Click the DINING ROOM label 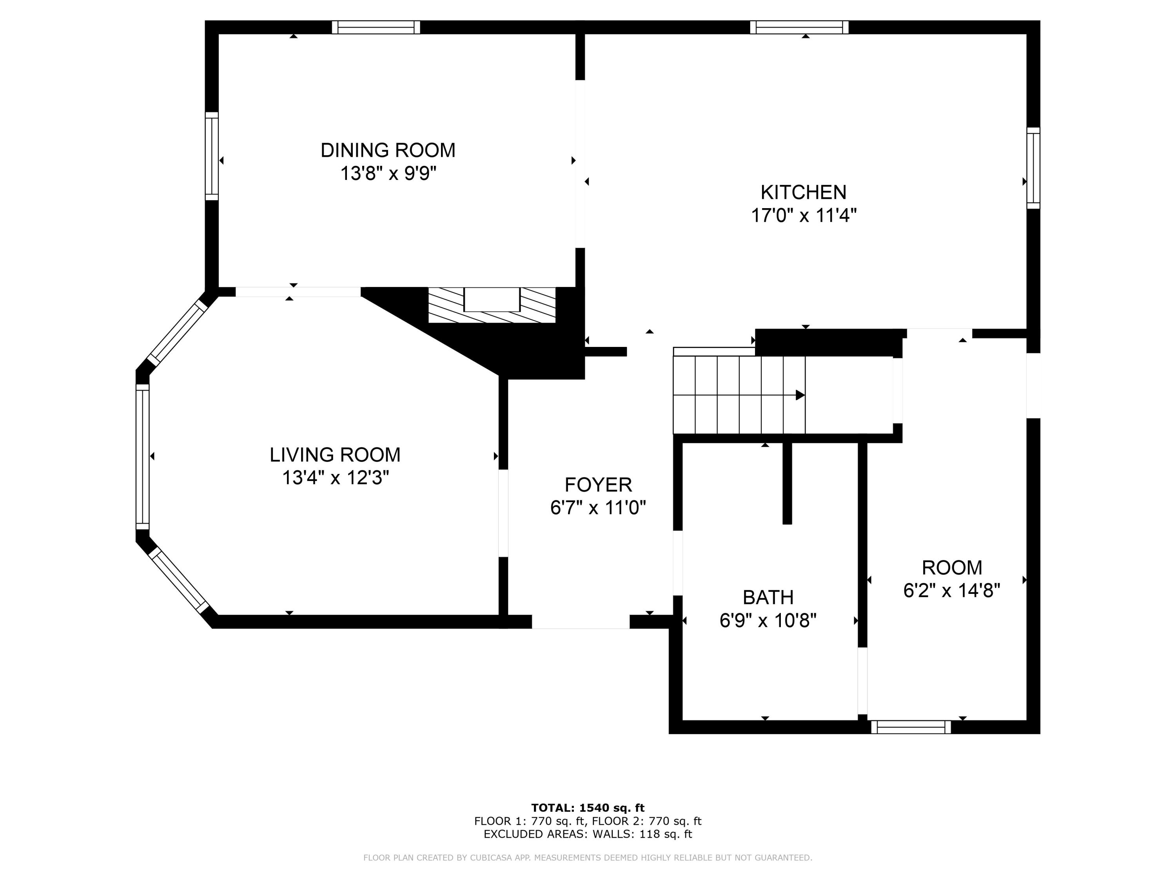[388, 151]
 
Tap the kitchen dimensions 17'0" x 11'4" [803, 216]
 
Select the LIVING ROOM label [335, 455]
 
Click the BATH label [768, 597]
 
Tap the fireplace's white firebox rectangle [492, 299]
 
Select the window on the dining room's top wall [376, 27]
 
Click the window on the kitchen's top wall [799, 27]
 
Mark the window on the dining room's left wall [212, 156]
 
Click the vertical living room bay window [142, 456]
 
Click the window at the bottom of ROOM [911, 727]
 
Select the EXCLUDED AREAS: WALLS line [588, 834]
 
